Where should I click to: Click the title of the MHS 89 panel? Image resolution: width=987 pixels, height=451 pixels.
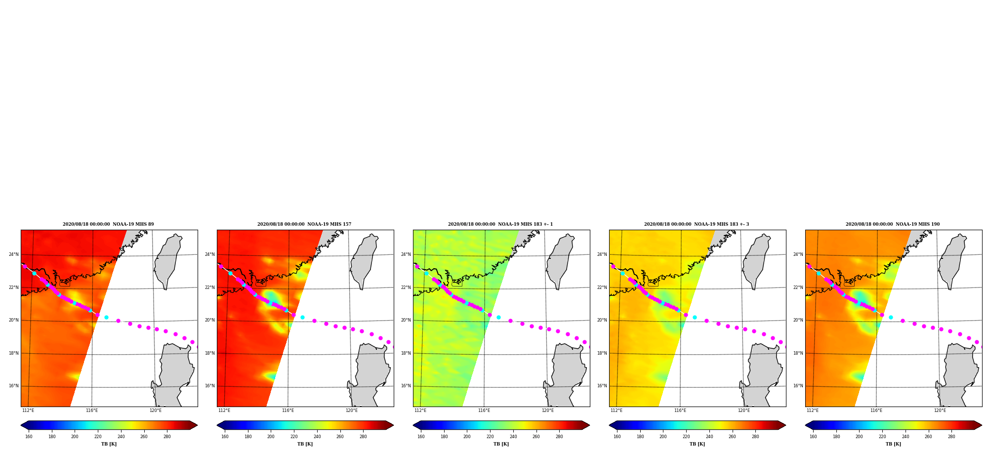click(108, 224)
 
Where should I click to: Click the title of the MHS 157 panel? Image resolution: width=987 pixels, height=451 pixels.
click(304, 224)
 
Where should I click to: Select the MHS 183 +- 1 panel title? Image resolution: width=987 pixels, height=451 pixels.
click(500, 224)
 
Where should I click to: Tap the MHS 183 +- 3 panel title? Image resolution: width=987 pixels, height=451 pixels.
click(697, 224)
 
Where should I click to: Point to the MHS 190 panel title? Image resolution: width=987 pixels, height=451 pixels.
click(893, 224)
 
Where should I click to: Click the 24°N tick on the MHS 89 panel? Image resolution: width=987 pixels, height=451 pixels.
click(14, 255)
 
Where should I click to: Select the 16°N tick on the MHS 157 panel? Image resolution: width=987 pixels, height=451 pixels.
click(210, 386)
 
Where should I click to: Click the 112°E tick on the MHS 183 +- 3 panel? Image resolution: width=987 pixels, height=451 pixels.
click(617, 410)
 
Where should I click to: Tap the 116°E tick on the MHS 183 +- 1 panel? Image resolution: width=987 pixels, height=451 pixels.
click(484, 410)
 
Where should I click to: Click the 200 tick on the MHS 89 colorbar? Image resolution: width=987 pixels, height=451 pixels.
click(75, 437)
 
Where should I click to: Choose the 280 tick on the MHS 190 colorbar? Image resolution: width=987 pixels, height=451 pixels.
click(951, 437)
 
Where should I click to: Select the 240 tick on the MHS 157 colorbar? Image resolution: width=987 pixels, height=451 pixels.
click(317, 437)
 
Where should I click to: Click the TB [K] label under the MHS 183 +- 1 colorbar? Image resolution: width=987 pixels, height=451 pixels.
click(501, 444)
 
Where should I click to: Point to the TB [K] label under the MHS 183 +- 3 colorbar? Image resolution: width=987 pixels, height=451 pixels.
click(698, 444)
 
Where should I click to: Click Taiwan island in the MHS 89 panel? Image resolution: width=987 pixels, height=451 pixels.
click(168, 261)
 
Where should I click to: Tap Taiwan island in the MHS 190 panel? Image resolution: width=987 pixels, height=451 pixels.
click(952, 261)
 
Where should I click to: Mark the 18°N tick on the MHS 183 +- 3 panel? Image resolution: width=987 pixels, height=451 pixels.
click(602, 353)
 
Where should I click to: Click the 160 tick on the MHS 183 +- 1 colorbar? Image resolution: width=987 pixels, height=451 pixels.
click(421, 437)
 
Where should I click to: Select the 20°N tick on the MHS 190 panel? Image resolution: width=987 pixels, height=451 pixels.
click(798, 320)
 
